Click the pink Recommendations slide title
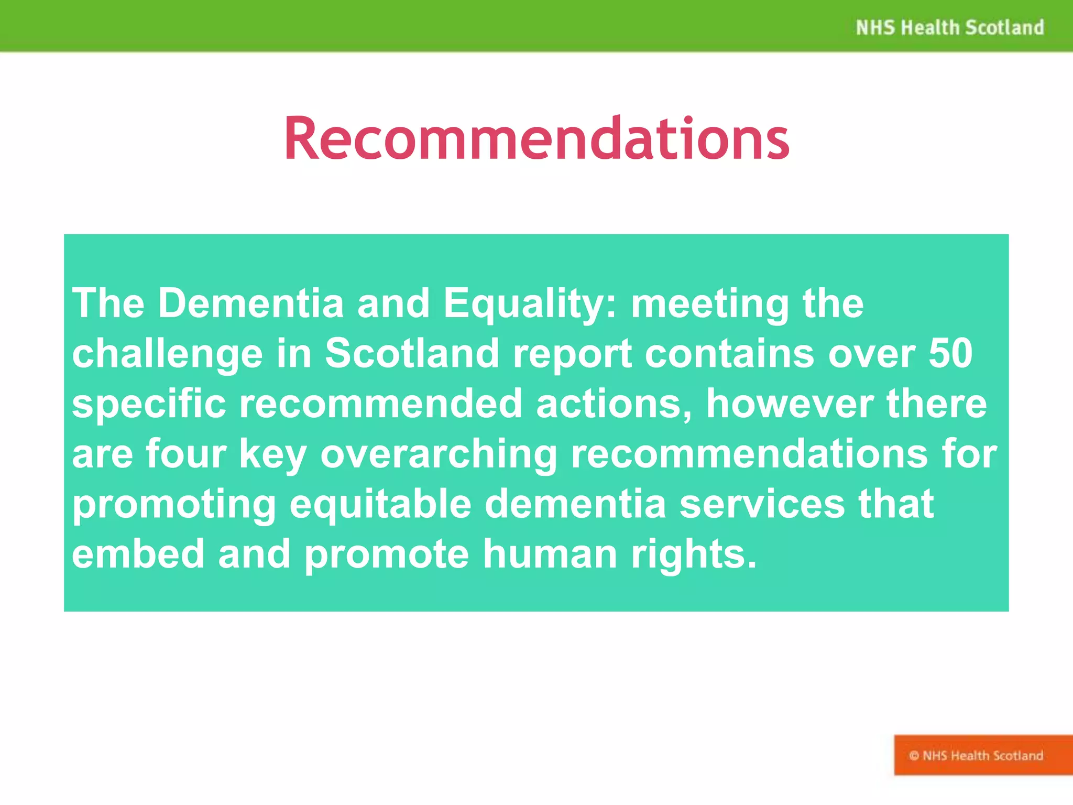pyautogui.click(x=536, y=139)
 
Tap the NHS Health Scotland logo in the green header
pyautogui.click(x=949, y=27)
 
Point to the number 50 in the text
pyautogui.click(x=950, y=353)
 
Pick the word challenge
pyautogui.click(x=167, y=354)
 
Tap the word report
pyautogui.click(x=572, y=354)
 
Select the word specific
pyautogui.click(x=149, y=405)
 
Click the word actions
pyautogui.click(x=614, y=404)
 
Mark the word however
pyautogui.click(x=789, y=404)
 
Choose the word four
pyautogui.click(x=185, y=454)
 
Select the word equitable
pyautogui.click(x=380, y=505)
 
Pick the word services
pyautogui.click(x=762, y=504)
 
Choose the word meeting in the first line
pyautogui.click(x=710, y=304)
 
